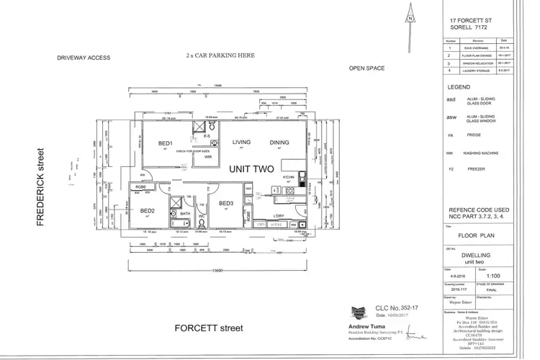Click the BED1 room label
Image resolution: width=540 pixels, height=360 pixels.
(165, 144)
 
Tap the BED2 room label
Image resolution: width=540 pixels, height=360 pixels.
(148, 211)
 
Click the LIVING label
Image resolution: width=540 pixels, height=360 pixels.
(241, 143)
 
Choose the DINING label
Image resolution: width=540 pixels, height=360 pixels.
(279, 143)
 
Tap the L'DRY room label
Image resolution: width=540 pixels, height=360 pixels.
(279, 215)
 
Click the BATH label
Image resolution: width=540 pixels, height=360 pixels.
(185, 214)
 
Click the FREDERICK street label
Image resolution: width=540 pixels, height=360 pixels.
(42, 187)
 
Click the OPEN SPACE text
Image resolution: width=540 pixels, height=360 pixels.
(366, 68)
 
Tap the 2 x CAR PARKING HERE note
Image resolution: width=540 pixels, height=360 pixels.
(219, 55)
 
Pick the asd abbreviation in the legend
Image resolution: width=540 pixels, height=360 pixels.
(451, 99)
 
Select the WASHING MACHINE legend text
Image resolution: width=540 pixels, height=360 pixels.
(483, 153)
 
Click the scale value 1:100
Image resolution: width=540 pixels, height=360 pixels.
(493, 275)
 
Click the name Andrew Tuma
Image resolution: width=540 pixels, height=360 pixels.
(359, 326)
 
